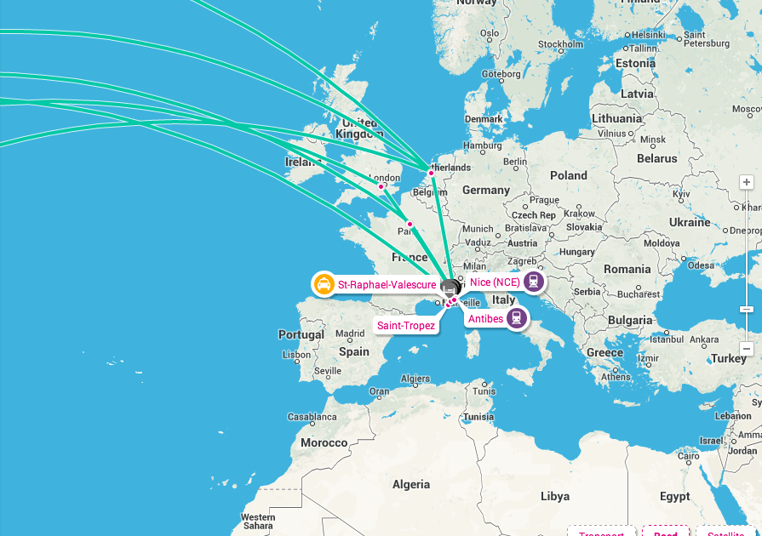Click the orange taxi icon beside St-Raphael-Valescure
click(324, 284)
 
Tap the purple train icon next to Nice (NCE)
click(534, 282)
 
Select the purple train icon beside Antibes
click(516, 319)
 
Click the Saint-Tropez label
click(406, 326)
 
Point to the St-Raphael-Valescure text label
click(387, 285)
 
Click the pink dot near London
click(381, 186)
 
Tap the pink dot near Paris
click(410, 225)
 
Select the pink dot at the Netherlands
click(431, 173)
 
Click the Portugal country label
click(301, 334)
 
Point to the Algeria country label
click(410, 484)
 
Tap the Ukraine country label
click(689, 222)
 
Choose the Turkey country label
click(729, 358)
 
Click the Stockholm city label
click(560, 44)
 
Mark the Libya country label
click(555, 496)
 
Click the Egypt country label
click(675, 496)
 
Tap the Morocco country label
click(324, 442)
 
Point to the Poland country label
click(568, 175)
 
